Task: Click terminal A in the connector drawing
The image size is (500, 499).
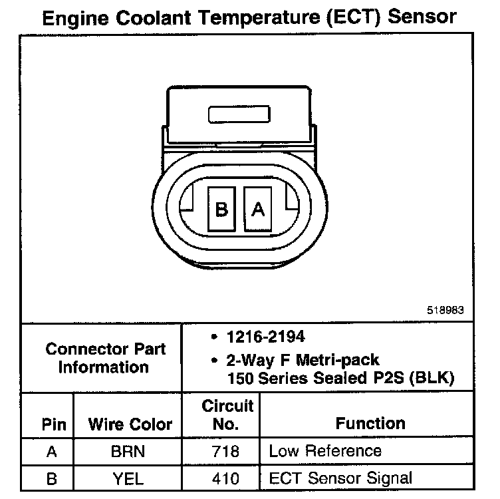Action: [258, 209]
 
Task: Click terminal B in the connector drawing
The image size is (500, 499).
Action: [222, 209]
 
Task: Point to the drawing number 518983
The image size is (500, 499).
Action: [445, 310]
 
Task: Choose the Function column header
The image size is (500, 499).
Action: [370, 423]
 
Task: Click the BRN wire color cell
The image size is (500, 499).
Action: [128, 452]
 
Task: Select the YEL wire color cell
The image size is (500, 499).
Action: [128, 477]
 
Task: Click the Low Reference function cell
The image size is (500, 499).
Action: [325, 451]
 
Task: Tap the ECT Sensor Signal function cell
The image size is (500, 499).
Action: [340, 477]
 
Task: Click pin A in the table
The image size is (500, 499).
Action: [51, 452]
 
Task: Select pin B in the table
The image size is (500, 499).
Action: [51, 477]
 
